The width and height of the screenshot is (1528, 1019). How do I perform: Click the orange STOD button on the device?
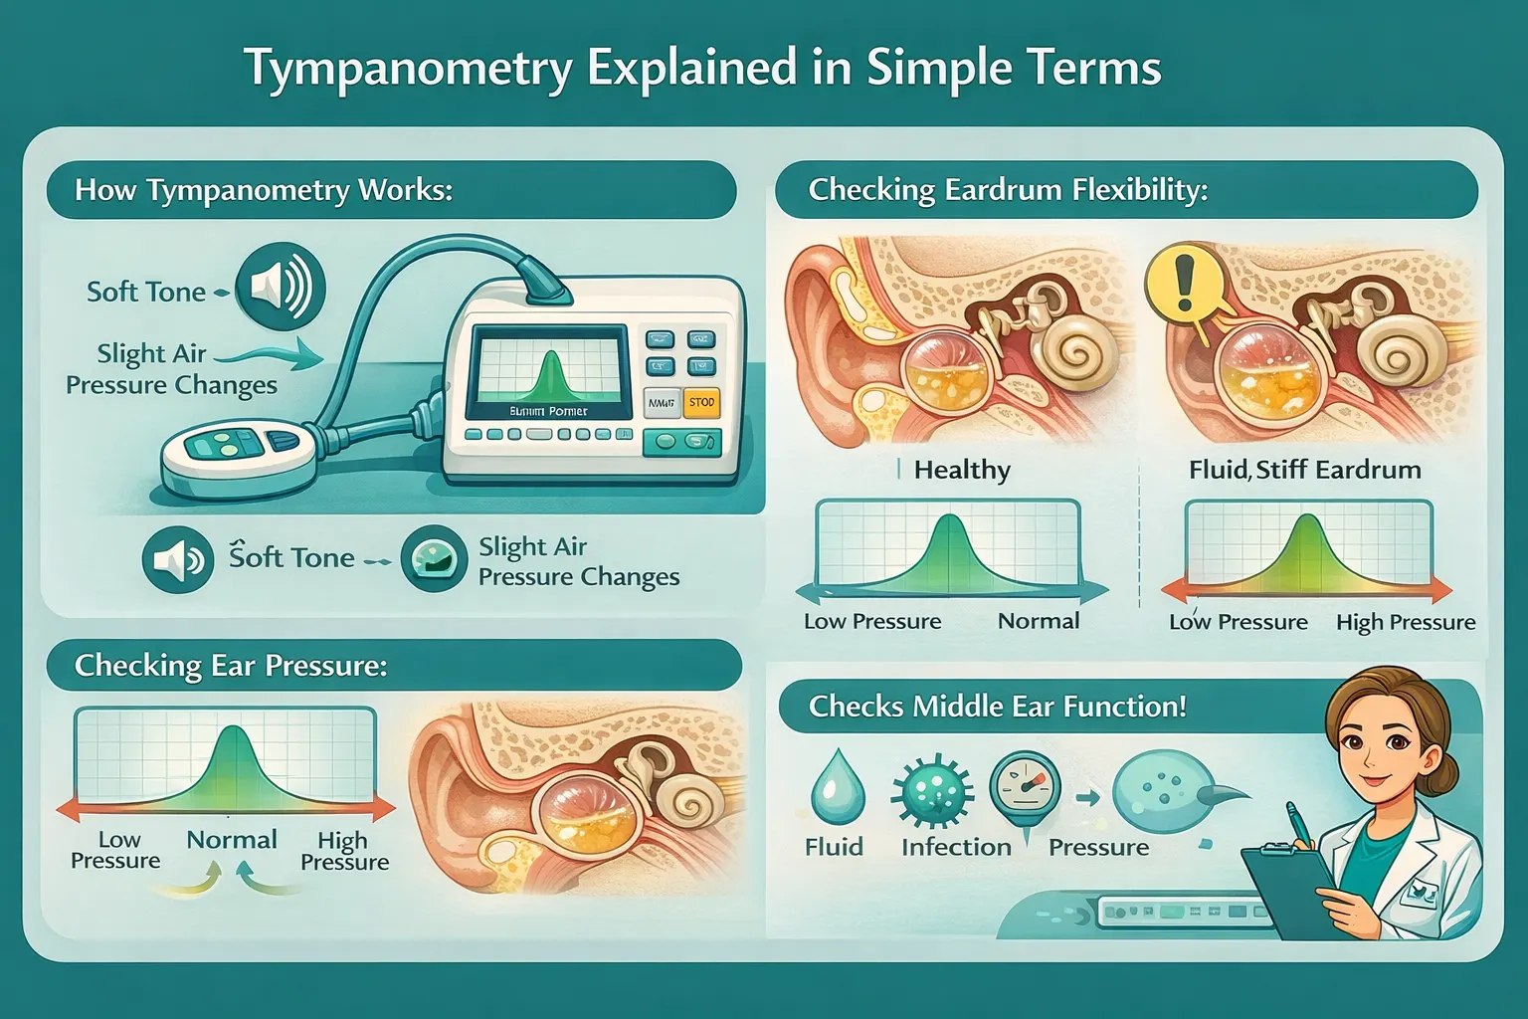click(x=701, y=402)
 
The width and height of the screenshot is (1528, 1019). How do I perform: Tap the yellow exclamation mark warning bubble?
click(x=1183, y=281)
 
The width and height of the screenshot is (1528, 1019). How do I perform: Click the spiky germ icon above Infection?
click(x=932, y=791)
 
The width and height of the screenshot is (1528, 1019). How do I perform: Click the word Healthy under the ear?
click(x=961, y=470)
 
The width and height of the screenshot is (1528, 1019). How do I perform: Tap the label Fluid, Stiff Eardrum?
click(x=1304, y=470)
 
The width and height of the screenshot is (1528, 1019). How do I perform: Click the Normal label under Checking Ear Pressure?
click(x=232, y=840)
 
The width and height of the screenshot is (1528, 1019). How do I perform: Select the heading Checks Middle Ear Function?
click(x=997, y=707)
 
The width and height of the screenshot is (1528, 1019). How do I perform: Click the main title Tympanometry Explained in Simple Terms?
click(x=702, y=69)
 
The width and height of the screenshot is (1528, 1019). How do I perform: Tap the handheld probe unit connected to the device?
click(x=239, y=453)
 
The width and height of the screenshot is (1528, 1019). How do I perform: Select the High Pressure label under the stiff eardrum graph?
click(x=1405, y=623)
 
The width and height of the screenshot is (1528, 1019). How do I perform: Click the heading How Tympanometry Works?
click(x=264, y=190)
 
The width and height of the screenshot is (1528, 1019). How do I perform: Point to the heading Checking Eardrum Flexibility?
click(x=1008, y=190)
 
